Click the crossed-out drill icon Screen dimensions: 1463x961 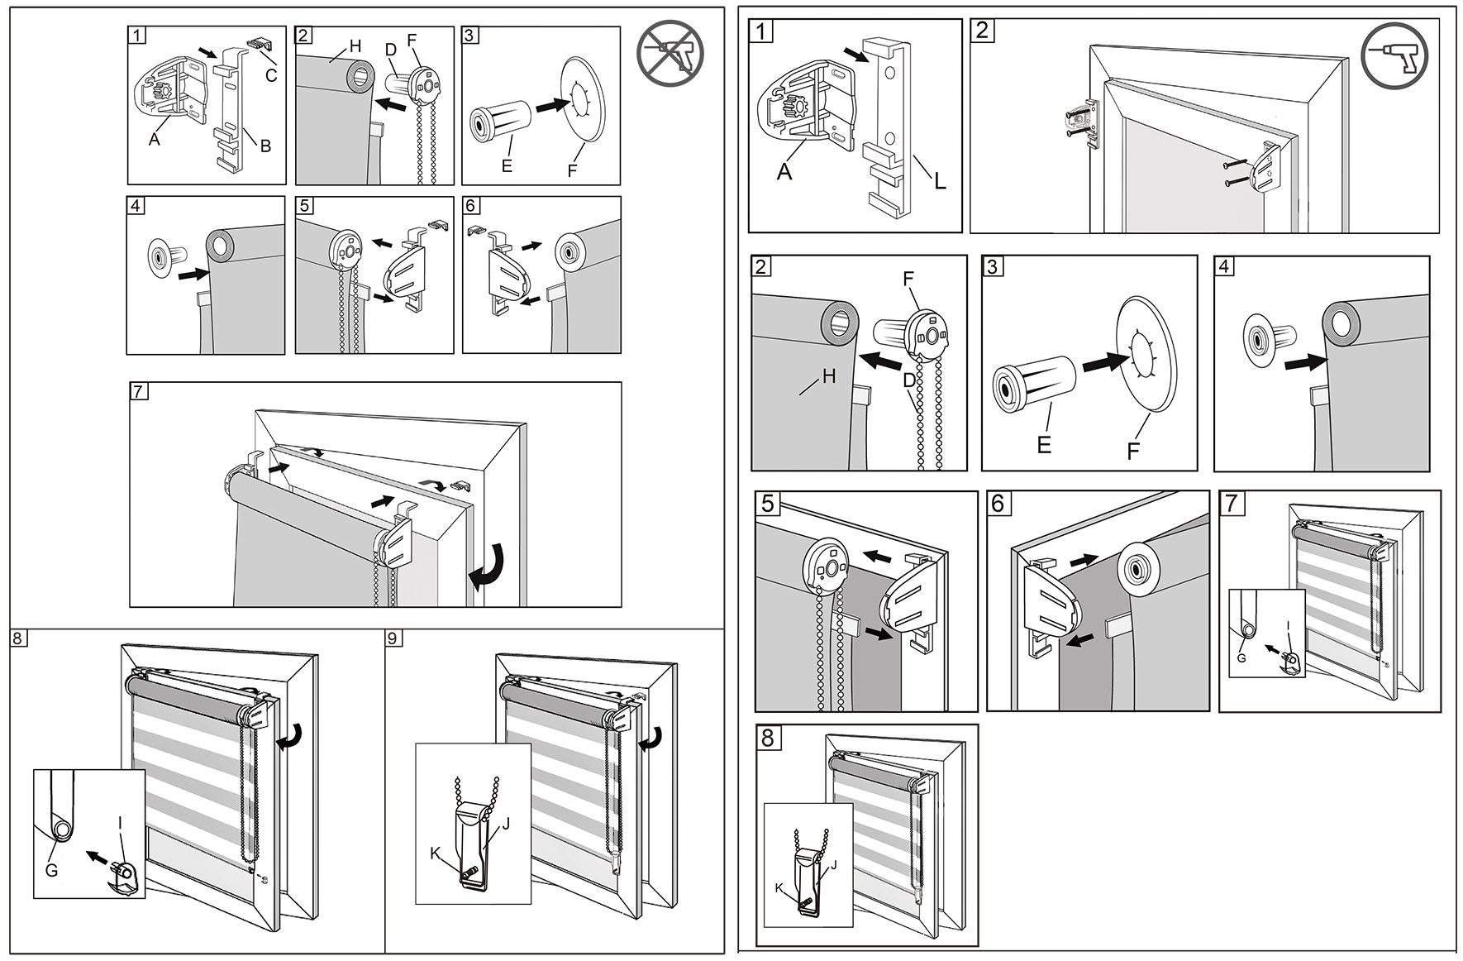[670, 53]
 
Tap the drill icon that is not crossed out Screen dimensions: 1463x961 [1394, 55]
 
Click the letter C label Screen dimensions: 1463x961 [271, 76]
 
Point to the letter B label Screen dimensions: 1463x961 [265, 146]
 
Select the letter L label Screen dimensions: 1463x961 [940, 181]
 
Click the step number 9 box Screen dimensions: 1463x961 [394, 638]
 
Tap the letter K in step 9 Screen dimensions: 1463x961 [435, 853]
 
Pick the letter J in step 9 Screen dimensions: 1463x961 [506, 824]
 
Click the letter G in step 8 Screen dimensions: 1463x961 [51, 870]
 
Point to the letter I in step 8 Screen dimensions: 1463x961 [121, 823]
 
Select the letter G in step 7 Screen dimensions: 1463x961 [1241, 657]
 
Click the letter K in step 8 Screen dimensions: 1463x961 [779, 888]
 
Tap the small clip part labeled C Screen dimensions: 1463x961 [258, 43]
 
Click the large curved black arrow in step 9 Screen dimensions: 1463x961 [653, 736]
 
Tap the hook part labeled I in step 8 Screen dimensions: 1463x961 [124, 878]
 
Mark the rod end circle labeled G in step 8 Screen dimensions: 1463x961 [62, 828]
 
